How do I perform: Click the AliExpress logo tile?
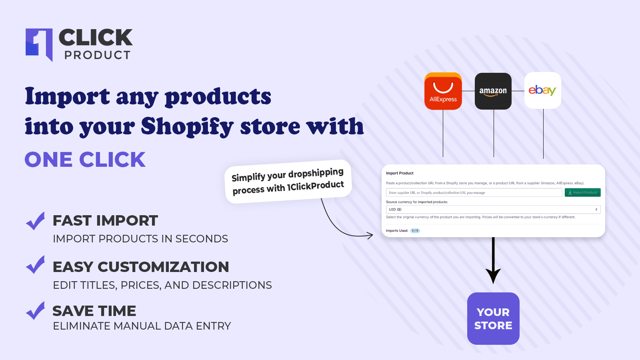tap(443, 91)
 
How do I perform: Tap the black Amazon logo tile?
tap(493, 91)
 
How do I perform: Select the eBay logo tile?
tap(542, 90)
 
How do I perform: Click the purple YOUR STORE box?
tap(493, 318)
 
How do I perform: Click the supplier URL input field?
tap(474, 193)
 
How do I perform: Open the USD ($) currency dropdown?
tap(493, 210)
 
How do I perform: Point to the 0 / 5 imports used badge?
tap(415, 231)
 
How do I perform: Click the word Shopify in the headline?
tap(187, 127)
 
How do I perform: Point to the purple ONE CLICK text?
tap(85, 160)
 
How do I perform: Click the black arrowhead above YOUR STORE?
tap(493, 276)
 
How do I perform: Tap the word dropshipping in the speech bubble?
tap(316, 174)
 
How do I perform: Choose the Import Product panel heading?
tap(400, 173)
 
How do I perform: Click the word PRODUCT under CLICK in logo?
tap(98, 55)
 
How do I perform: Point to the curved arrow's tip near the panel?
tap(371, 236)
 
